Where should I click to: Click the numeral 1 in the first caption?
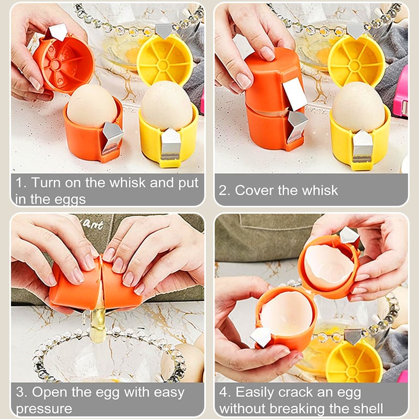[x=19, y=183]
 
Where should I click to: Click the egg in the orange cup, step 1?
[x=92, y=106]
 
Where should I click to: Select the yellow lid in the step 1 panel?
[x=165, y=60]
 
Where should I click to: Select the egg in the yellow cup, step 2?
[x=359, y=107]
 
